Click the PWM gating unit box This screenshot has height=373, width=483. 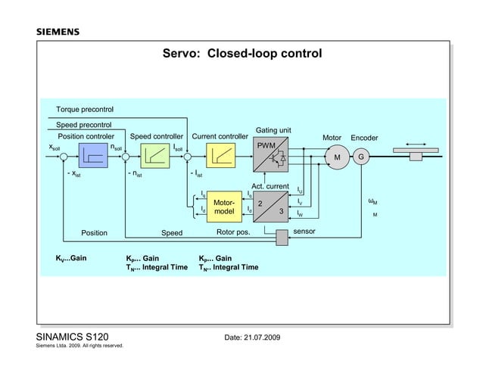pos(272,157)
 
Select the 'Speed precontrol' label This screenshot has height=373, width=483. pos(84,124)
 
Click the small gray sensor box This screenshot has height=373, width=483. pos(282,238)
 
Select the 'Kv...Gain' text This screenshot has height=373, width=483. pos(70,258)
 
